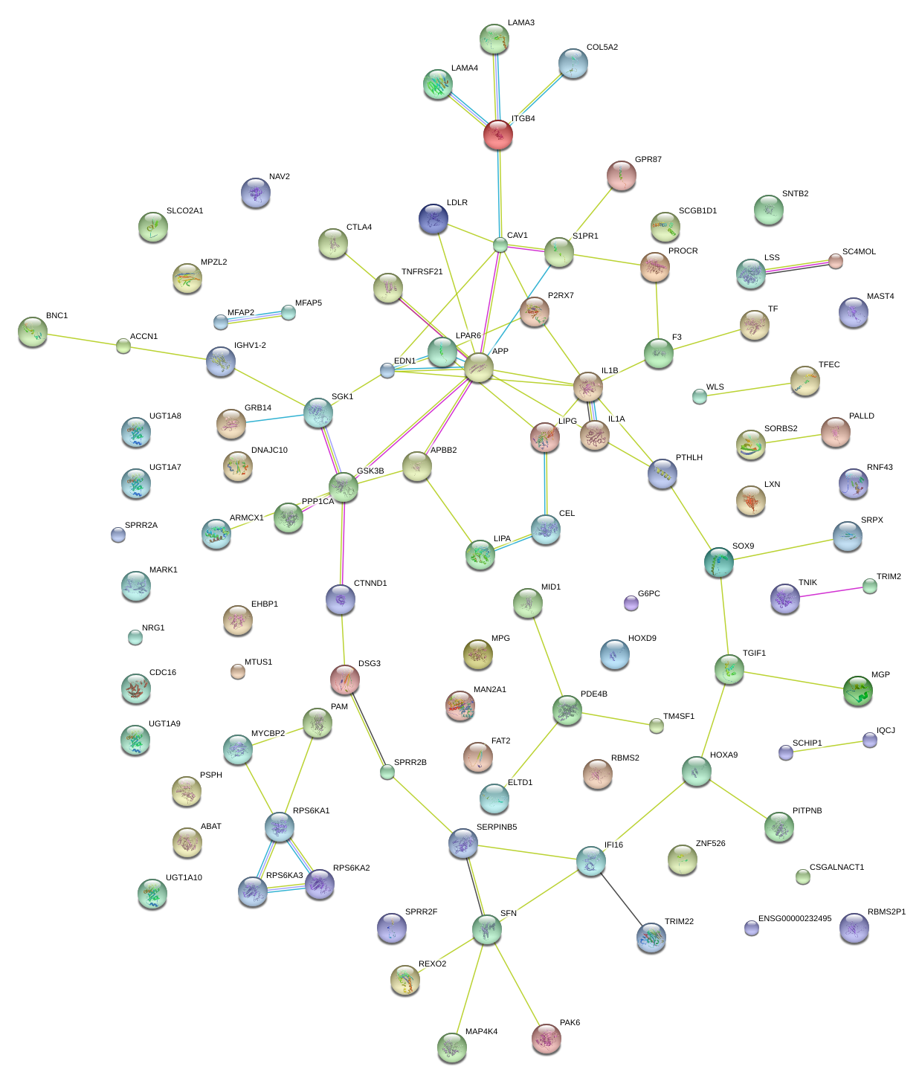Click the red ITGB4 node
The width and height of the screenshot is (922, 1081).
tap(497, 135)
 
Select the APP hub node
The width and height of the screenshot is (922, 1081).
tap(478, 368)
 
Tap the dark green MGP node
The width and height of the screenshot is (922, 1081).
tap(857, 691)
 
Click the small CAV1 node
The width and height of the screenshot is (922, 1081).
tap(500, 245)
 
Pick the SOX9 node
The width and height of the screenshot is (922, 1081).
tap(719, 562)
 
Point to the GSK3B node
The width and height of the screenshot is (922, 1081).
tap(344, 487)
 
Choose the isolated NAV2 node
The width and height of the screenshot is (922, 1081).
tap(256, 193)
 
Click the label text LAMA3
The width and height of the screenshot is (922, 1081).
tap(520, 23)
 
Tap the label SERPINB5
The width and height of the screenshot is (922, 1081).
tap(497, 827)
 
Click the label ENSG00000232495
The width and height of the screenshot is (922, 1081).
tap(795, 919)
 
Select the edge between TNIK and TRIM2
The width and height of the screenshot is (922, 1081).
tap(828, 593)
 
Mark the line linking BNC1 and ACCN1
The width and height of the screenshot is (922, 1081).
tap(78, 338)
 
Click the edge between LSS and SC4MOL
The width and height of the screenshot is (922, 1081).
tap(793, 268)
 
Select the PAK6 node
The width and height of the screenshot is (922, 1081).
tap(547, 1038)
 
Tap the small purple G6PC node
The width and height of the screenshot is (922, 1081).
tap(631, 603)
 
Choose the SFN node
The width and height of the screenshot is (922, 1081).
tap(487, 929)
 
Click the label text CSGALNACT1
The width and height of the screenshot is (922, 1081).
tap(836, 868)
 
